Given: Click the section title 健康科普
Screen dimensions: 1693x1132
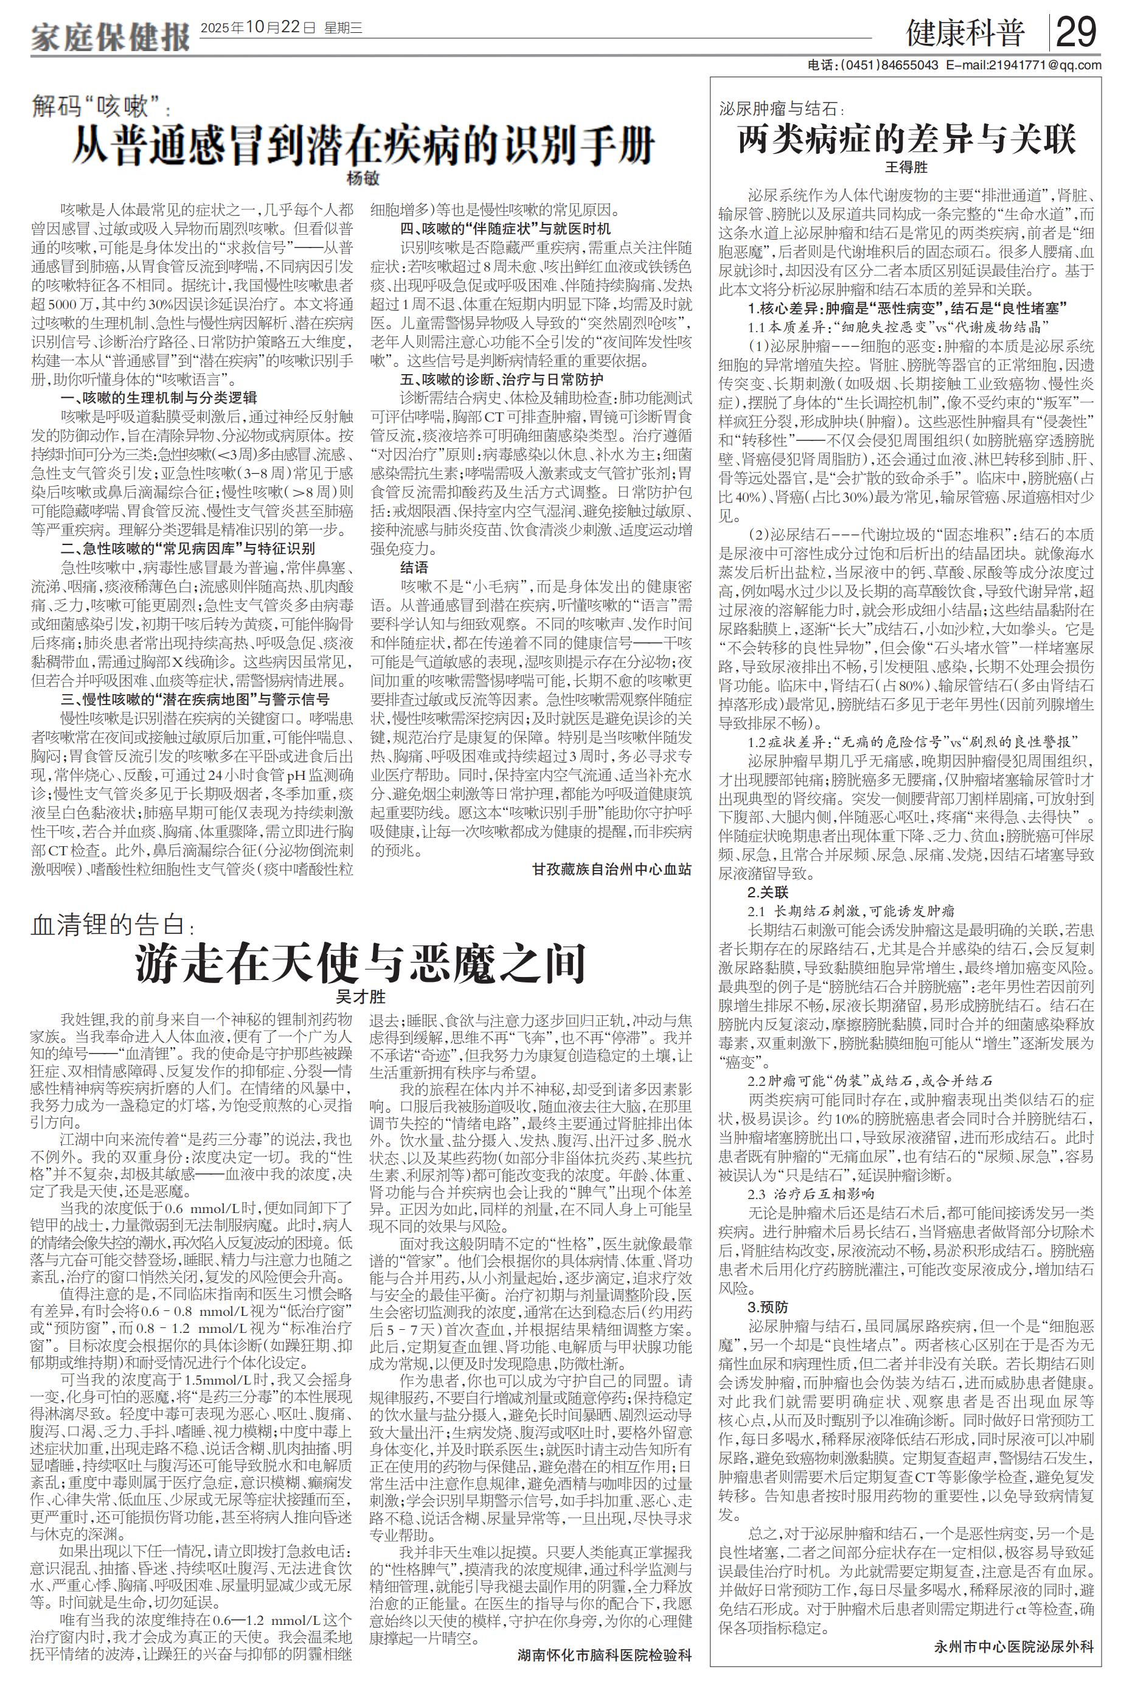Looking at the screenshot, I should [965, 34].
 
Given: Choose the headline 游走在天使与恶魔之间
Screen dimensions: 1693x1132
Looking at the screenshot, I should [361, 962].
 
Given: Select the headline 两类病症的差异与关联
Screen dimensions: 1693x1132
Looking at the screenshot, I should [906, 139].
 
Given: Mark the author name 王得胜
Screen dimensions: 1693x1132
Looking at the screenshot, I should [906, 167].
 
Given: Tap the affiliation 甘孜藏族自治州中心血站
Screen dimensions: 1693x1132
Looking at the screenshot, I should [611, 869].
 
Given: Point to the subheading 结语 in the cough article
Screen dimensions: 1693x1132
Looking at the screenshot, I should [414, 568].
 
